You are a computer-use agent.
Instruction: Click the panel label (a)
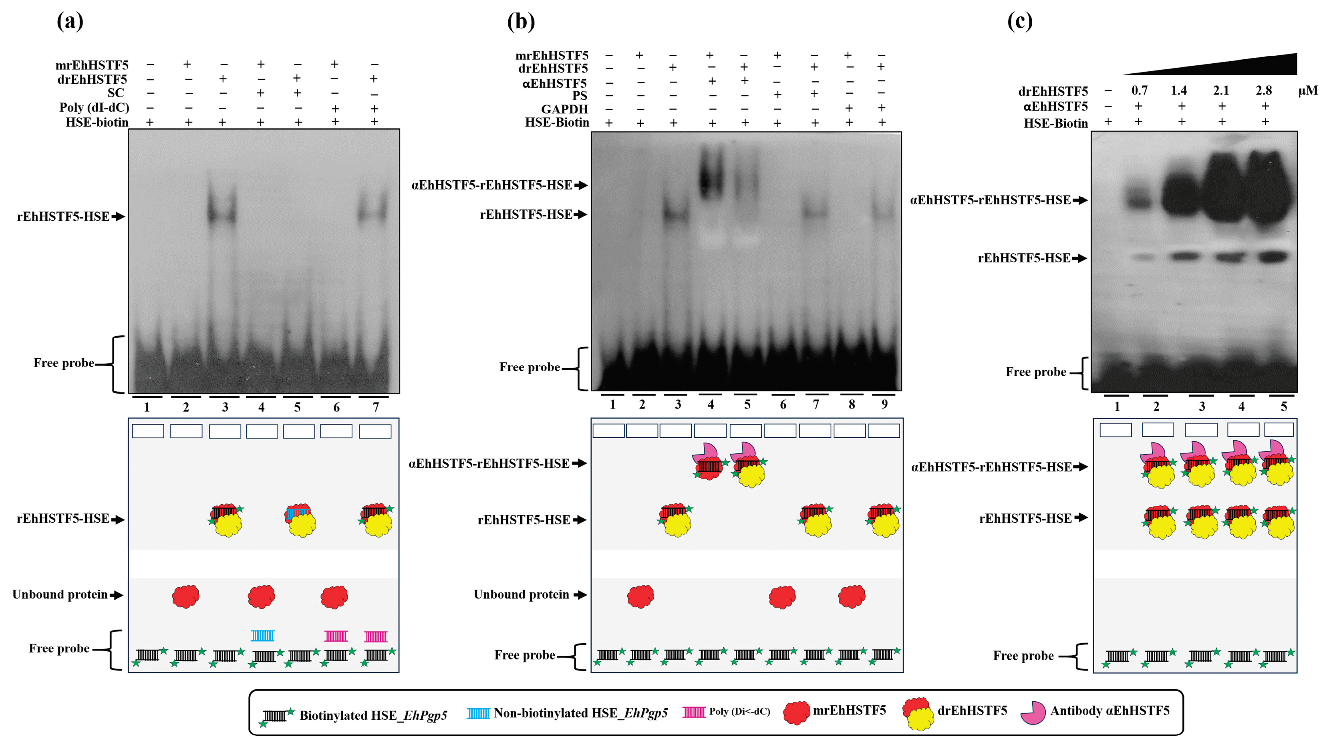tap(70, 22)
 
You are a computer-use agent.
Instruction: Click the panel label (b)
tap(521, 22)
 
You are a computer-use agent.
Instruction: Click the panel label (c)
tap(1019, 22)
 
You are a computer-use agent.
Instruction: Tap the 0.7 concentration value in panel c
tap(1139, 91)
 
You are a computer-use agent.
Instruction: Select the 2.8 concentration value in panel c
tap(1263, 91)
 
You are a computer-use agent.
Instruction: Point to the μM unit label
tap(1307, 91)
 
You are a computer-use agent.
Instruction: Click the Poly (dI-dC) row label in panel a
tap(94, 108)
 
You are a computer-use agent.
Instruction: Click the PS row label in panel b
tap(580, 96)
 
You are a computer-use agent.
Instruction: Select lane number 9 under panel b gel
tap(884, 405)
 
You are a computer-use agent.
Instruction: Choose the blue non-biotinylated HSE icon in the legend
tap(478, 713)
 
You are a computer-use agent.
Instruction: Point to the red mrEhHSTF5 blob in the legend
tap(796, 713)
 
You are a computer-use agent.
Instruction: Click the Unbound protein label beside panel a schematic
tap(60, 595)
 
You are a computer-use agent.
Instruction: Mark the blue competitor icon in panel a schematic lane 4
tap(262, 635)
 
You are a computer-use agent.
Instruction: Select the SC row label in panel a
tap(115, 93)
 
